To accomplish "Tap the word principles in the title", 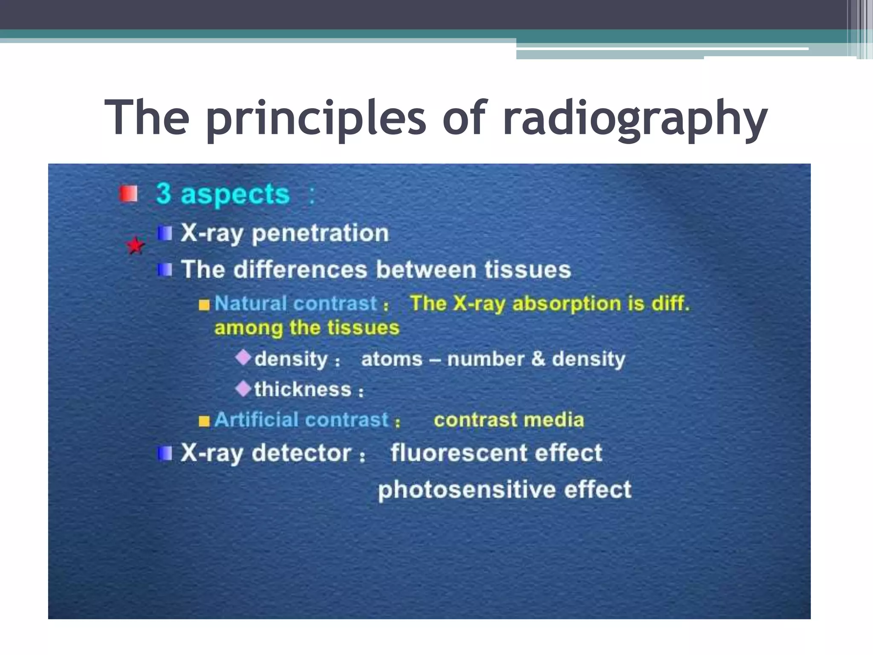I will [315, 119].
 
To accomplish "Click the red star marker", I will [136, 246].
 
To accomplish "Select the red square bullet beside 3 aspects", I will [128, 194].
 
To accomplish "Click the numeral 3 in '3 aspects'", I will [164, 194].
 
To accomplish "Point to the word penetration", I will [320, 233].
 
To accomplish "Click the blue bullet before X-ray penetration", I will [165, 233].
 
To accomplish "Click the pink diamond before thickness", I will [243, 388].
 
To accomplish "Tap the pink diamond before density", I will [243, 357].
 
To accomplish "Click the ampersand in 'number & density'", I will [538, 359].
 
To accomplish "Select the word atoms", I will [391, 359].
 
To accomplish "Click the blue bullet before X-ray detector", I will [165, 453].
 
